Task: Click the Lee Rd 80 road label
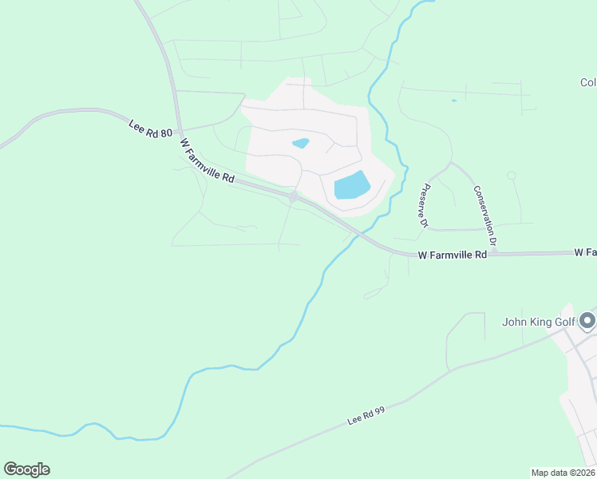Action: click(150, 128)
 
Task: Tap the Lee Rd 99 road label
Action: click(366, 414)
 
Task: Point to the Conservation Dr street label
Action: click(485, 216)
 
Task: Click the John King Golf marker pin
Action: click(588, 321)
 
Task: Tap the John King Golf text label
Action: click(538, 323)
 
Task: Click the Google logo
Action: click(26, 469)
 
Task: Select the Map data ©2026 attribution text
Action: click(563, 473)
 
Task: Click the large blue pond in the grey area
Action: click(352, 186)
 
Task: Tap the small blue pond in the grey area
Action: click(301, 144)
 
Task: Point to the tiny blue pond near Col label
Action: click(454, 101)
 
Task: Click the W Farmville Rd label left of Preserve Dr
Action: click(207, 161)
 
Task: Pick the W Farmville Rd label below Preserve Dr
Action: click(452, 255)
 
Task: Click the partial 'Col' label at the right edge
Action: click(588, 82)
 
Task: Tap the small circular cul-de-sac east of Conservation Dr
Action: click(512, 176)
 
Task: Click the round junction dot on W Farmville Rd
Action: click(295, 196)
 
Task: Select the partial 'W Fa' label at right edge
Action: click(585, 252)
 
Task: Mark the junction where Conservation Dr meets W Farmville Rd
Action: click(492, 252)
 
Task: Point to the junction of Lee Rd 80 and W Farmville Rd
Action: click(181, 133)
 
